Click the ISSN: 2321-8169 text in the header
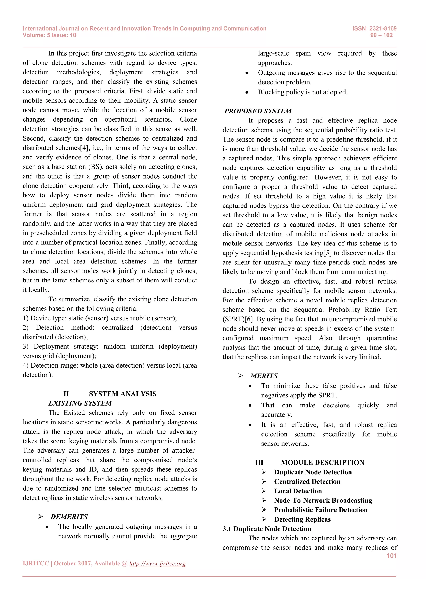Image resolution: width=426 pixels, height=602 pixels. click(x=374, y=28)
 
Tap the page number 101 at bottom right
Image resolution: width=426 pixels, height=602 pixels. click(x=391, y=556)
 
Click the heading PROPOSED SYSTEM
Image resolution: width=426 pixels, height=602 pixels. click(x=258, y=111)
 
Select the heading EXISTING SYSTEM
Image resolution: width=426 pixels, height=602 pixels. click(x=80, y=403)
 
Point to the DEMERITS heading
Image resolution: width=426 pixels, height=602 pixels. click(x=69, y=517)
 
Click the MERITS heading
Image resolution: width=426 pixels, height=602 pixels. click(x=264, y=376)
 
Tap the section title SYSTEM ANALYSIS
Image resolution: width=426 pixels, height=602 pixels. click(x=123, y=394)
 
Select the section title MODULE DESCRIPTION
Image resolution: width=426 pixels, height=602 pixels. click(x=322, y=463)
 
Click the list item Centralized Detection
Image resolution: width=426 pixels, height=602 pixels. click(x=307, y=482)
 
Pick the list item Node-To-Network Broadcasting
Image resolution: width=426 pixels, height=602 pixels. click(x=323, y=501)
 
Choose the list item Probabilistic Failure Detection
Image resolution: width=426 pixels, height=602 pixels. click(x=321, y=510)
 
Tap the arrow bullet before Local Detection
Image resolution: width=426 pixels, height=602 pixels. click(x=264, y=491)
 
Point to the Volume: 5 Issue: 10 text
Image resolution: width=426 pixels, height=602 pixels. click(x=49, y=35)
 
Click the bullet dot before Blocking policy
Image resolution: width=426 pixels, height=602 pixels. click(x=247, y=92)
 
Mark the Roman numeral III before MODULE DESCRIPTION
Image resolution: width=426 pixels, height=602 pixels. click(x=259, y=463)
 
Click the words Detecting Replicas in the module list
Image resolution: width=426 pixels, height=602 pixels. click(x=302, y=519)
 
